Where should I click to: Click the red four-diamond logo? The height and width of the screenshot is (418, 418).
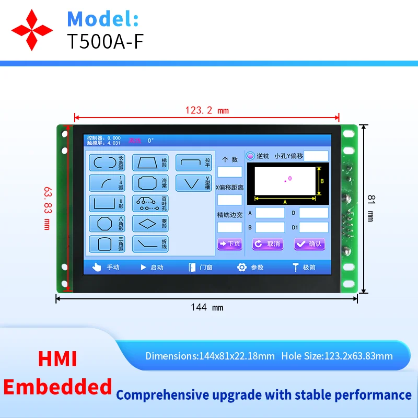(x=33, y=29)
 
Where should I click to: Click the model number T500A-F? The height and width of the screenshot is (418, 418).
(x=104, y=41)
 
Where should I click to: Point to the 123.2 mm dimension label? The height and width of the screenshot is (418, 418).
(x=207, y=110)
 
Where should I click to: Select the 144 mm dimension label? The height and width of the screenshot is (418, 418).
(x=206, y=307)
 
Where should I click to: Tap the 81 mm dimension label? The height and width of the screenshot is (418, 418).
(x=371, y=207)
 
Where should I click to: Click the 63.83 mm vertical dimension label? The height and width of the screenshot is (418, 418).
(x=47, y=210)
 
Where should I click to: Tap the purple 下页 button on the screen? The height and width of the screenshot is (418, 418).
(x=229, y=243)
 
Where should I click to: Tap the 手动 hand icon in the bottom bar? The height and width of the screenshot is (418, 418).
(x=96, y=267)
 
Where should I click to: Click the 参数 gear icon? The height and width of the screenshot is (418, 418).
(x=241, y=267)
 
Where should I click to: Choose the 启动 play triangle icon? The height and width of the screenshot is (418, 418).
(x=143, y=267)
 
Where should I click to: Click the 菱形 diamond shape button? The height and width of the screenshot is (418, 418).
(x=150, y=223)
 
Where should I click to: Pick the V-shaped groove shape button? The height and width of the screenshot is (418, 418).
(x=193, y=183)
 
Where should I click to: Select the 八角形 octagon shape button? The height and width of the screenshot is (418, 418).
(x=107, y=223)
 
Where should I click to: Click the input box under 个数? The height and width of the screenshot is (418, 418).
(x=229, y=172)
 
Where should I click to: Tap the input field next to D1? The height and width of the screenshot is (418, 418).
(x=313, y=227)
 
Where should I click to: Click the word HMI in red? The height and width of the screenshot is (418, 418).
(x=57, y=359)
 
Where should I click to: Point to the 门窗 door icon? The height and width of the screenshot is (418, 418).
(x=192, y=267)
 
